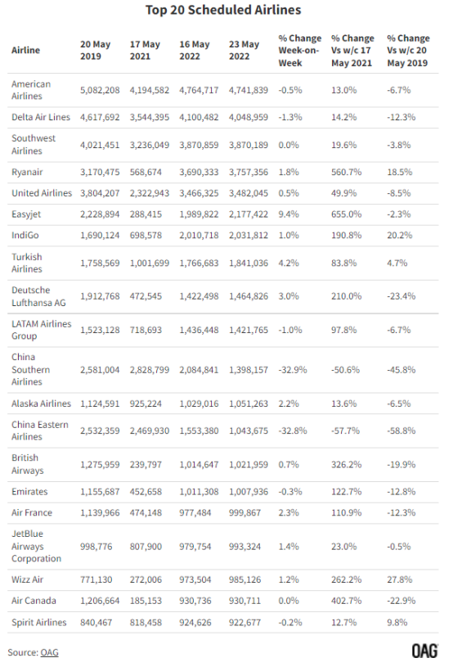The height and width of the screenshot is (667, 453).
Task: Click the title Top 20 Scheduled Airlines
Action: (223, 10)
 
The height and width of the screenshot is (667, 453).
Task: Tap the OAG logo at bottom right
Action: (425, 651)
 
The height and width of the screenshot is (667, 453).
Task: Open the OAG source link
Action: (49, 652)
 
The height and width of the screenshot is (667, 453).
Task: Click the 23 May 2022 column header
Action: (244, 50)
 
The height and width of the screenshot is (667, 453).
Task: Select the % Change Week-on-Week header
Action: (300, 50)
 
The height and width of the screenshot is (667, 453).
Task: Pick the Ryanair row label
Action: (27, 172)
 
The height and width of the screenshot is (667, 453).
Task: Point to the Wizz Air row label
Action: (27, 579)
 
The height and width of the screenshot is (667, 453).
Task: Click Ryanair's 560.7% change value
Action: (347, 172)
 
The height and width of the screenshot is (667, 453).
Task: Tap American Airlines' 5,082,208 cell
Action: (100, 90)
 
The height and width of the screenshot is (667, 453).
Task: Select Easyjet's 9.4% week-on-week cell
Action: (289, 214)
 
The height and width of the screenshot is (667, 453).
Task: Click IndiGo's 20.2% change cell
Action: (400, 235)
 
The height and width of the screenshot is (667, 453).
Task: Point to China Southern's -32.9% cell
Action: (293, 370)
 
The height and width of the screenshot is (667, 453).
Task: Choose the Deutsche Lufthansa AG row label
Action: (38, 296)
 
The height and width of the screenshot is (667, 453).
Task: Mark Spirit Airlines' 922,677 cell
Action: (244, 622)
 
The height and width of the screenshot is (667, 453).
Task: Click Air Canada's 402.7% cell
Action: (347, 601)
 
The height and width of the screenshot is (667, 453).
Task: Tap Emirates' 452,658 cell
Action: (146, 491)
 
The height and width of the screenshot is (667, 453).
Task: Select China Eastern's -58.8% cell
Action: (401, 430)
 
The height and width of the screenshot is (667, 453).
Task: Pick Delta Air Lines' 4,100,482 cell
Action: (199, 117)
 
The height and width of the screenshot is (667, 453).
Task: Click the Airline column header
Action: (25, 50)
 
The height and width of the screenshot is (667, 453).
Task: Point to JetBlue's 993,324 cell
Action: (244, 546)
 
